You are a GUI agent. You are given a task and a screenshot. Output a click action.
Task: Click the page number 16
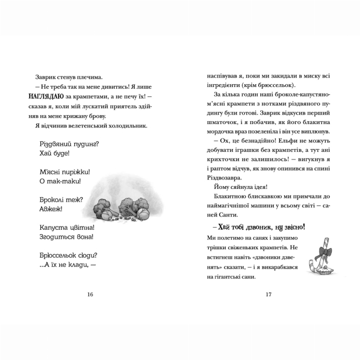coord(90,294)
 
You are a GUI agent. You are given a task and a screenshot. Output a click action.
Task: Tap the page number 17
coord(269,294)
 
